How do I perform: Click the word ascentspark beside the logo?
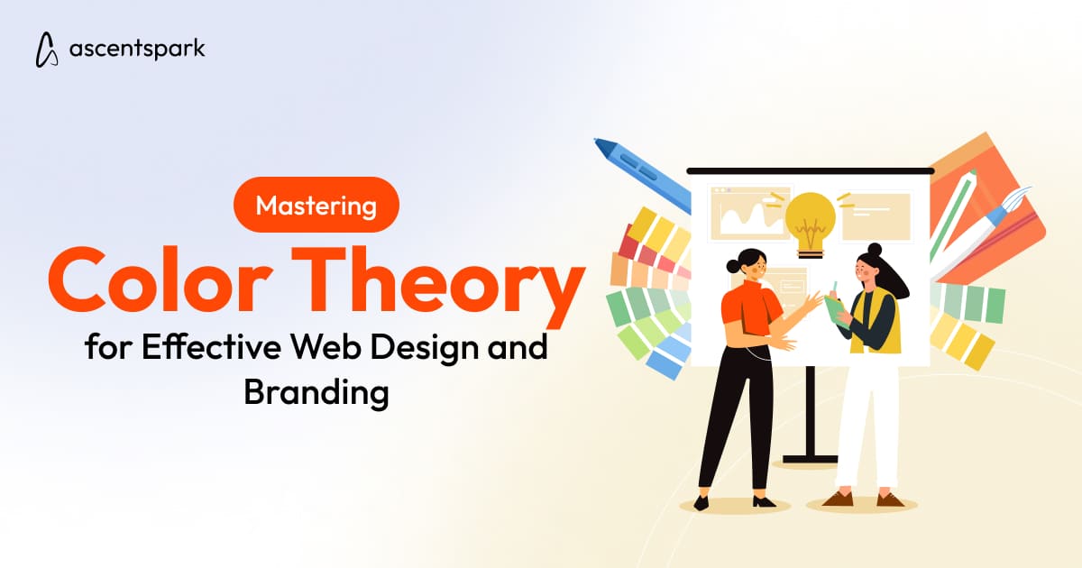point(137,49)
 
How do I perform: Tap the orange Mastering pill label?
point(316,206)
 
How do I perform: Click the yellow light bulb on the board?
point(809,216)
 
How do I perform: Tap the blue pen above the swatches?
point(641,176)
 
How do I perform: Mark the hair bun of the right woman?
point(873,249)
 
